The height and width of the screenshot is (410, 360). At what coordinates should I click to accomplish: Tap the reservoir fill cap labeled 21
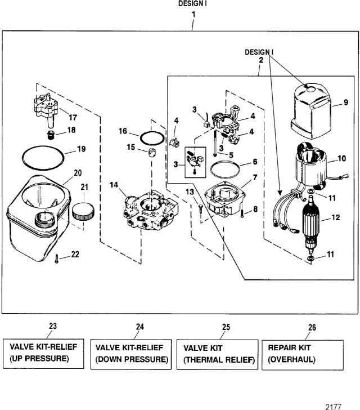83,212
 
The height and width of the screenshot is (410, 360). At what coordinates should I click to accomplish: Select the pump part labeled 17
46,110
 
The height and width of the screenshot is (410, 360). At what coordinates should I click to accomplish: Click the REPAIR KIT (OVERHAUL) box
300,354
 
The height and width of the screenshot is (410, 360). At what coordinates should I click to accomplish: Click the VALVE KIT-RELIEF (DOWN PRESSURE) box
130,354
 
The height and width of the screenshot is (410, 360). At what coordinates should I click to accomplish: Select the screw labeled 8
242,211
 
